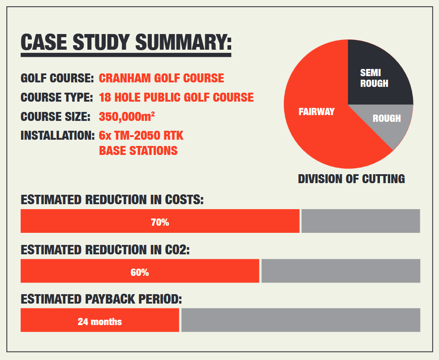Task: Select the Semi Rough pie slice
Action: pos(374,78)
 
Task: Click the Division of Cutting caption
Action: pos(351,179)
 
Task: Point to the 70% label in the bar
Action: pos(160,222)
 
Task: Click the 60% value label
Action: pos(140,272)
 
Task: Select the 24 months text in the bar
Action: pos(99,321)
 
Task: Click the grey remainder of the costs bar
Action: pos(361,221)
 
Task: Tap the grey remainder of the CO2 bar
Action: pos(340,271)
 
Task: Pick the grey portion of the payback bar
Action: pos(300,320)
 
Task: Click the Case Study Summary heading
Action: pos(126,43)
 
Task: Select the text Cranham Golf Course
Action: pos(161,78)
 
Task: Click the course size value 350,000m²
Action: pos(127,116)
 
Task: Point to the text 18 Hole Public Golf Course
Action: pos(176,97)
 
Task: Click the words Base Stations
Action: pos(138,150)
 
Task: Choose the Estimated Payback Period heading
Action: pos(101,299)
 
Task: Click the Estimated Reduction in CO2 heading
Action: pos(105,250)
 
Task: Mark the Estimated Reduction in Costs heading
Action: pos(112,200)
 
